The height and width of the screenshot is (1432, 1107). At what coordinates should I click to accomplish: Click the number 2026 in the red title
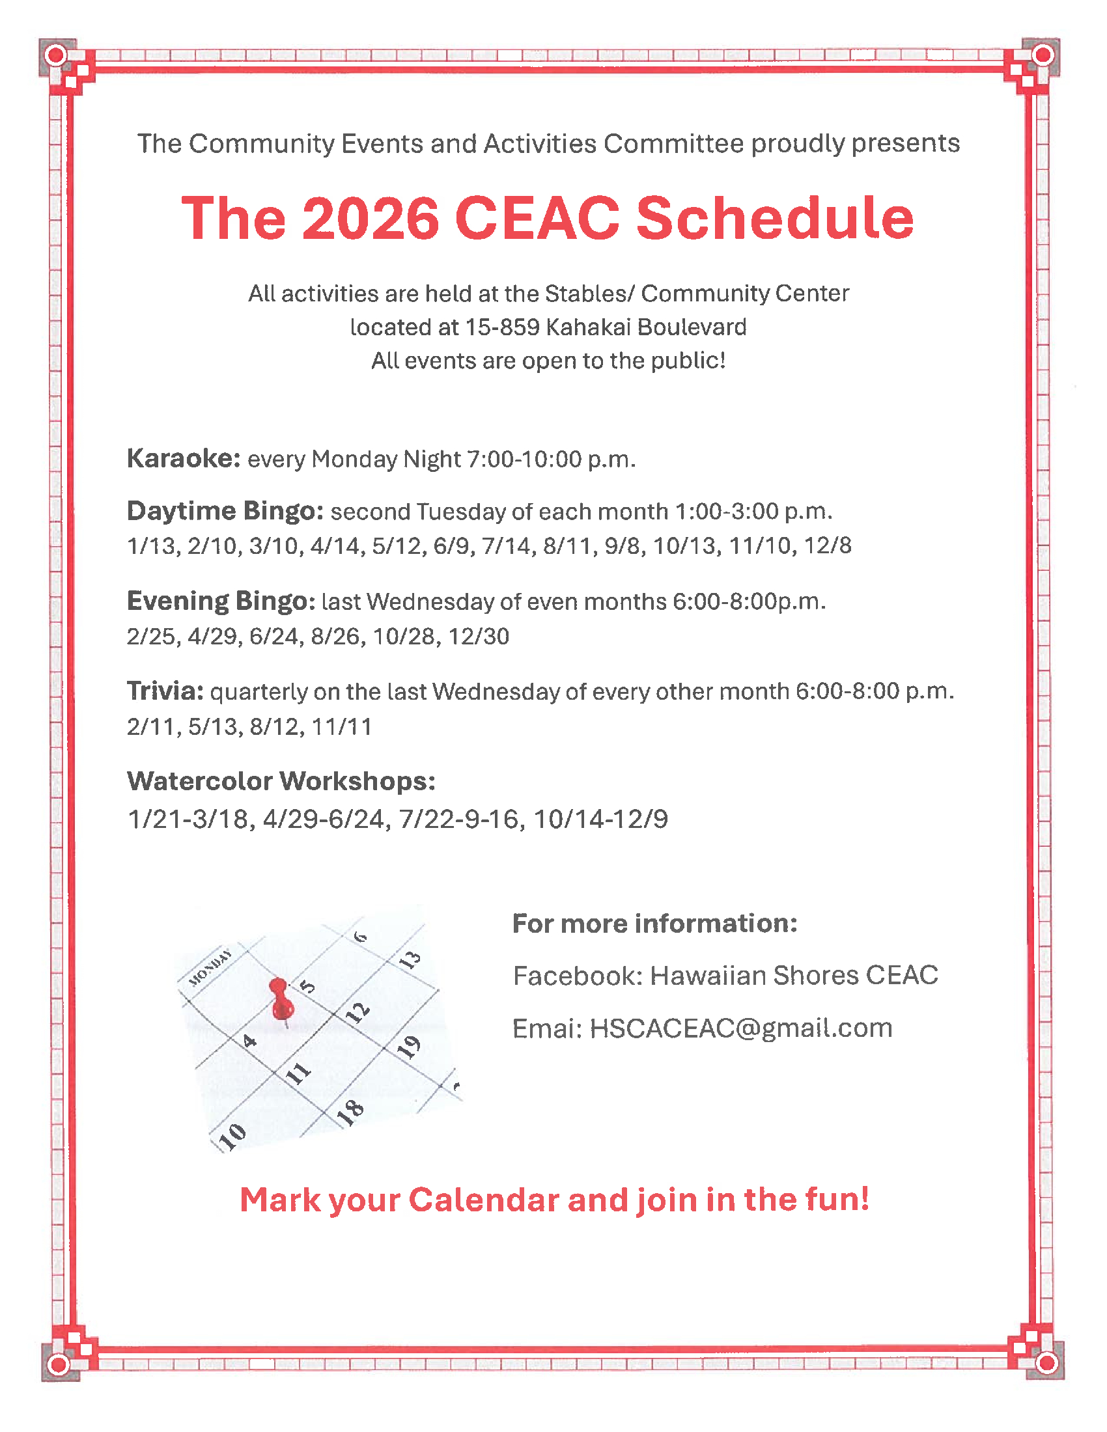[370, 218]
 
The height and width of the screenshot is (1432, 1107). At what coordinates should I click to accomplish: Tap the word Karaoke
[184, 458]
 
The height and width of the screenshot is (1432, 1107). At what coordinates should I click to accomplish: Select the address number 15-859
[502, 327]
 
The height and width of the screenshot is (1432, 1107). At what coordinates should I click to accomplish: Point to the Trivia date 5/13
[214, 726]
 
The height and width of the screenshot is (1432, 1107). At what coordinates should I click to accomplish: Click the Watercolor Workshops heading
[281, 781]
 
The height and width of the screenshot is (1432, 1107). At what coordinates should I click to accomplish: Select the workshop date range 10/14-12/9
[600, 819]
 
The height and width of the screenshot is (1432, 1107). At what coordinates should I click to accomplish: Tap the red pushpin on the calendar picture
[281, 1000]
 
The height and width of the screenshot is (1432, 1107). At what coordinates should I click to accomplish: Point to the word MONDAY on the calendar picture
[210, 967]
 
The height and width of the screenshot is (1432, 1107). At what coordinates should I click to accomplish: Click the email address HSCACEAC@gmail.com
[741, 1028]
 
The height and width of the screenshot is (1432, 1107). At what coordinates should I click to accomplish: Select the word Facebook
[574, 976]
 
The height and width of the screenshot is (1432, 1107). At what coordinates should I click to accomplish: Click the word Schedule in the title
[774, 218]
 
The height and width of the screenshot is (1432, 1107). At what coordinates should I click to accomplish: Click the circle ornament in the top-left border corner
[57, 55]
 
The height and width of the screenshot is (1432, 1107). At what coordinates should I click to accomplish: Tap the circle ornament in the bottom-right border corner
[1046, 1364]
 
